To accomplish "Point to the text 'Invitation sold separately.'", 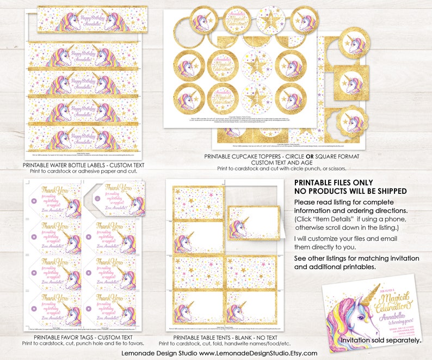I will click(381, 340).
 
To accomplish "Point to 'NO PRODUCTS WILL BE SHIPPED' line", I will click(350, 191).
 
